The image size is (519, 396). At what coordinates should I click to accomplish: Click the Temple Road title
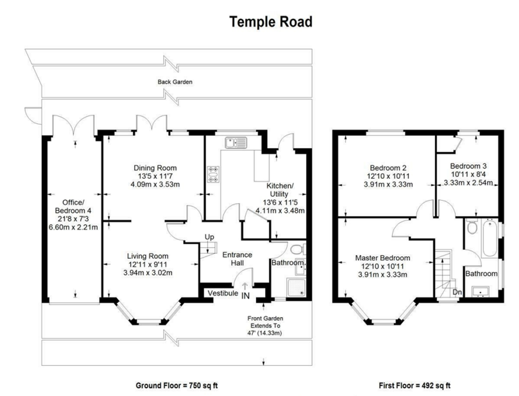pyautogui.click(x=271, y=22)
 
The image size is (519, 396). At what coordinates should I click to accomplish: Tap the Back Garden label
pyautogui.click(x=175, y=82)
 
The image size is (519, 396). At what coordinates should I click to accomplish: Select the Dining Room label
pyautogui.click(x=155, y=168)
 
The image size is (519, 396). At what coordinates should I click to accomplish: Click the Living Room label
pyautogui.click(x=148, y=256)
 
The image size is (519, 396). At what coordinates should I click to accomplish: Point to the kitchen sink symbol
pyautogui.click(x=236, y=143)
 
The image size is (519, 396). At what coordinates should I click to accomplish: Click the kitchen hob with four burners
pyautogui.click(x=213, y=174)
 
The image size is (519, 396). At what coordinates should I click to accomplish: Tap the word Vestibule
pyautogui.click(x=223, y=293)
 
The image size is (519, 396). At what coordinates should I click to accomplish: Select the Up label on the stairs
pyautogui.click(x=209, y=237)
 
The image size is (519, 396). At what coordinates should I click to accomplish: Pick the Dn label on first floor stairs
pyautogui.click(x=457, y=292)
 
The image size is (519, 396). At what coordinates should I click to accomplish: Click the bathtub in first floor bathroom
pyautogui.click(x=490, y=238)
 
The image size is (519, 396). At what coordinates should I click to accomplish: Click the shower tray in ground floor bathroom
pyautogui.click(x=296, y=288)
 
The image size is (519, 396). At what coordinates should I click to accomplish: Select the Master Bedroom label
pyautogui.click(x=382, y=258)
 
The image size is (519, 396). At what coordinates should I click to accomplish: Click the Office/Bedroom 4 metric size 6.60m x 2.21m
pyautogui.click(x=73, y=227)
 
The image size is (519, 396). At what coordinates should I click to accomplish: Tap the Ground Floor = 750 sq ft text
pyautogui.click(x=177, y=385)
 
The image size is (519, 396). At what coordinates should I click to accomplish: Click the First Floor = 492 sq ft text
pyautogui.click(x=415, y=385)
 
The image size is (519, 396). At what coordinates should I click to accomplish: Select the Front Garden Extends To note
pyautogui.click(x=265, y=322)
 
